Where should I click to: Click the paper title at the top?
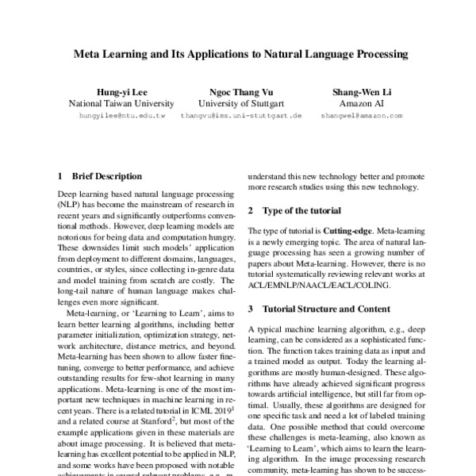(240, 55)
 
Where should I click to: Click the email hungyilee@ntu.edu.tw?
(121, 116)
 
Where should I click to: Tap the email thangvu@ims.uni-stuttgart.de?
(241, 116)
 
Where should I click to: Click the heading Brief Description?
(107, 176)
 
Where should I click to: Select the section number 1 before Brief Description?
(61, 176)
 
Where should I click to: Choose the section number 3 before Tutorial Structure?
(251, 308)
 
